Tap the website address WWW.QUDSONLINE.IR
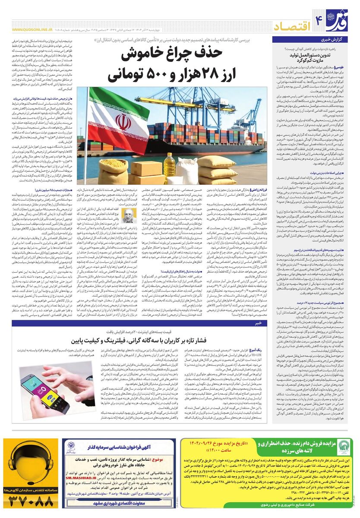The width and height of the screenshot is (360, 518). tap(29, 30)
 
